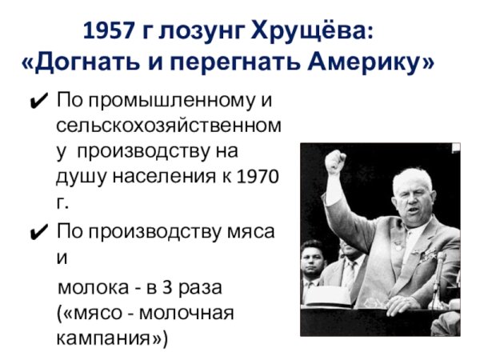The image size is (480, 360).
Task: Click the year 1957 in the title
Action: (x=109, y=33)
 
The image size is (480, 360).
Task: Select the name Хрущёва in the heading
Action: (x=313, y=33)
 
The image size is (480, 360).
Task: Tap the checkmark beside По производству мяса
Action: (x=38, y=233)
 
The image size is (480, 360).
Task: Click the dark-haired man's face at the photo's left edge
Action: (x=312, y=260)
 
